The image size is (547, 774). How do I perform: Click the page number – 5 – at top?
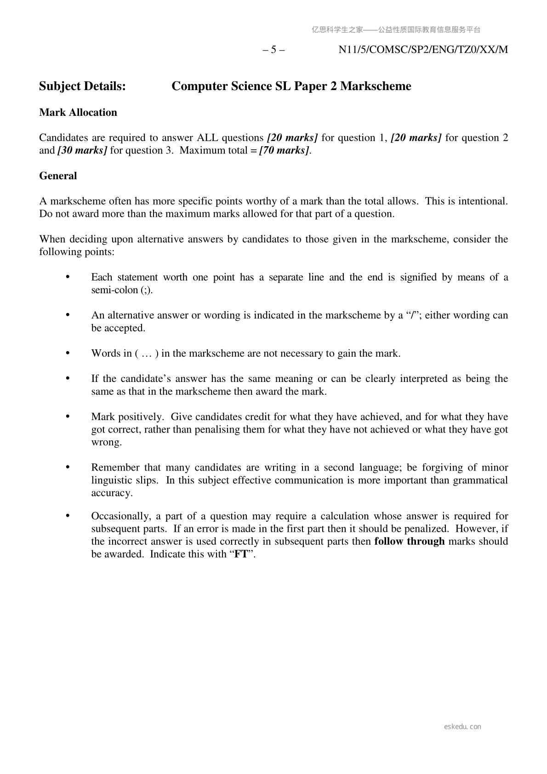point(273,50)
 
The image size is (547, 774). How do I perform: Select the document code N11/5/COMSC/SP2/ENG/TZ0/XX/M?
point(423,50)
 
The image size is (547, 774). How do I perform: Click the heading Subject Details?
point(82,86)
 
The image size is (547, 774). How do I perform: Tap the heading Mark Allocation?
point(78,113)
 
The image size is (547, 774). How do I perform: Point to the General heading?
point(58,176)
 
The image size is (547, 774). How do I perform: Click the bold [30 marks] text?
point(82,151)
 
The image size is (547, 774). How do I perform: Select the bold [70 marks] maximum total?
point(284,151)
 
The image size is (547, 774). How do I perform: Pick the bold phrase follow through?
point(410,541)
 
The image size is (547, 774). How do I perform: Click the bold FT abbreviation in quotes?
point(241,554)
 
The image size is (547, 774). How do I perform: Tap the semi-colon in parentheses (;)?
point(146,290)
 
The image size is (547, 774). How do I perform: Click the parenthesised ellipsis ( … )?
point(147,353)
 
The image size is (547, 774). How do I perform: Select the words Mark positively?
point(127,417)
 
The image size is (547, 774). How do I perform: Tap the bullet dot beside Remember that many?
point(68,467)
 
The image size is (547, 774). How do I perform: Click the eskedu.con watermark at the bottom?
point(462,727)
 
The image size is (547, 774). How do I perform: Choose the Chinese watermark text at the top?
point(396,30)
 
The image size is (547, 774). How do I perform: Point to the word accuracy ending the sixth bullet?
point(112,493)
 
